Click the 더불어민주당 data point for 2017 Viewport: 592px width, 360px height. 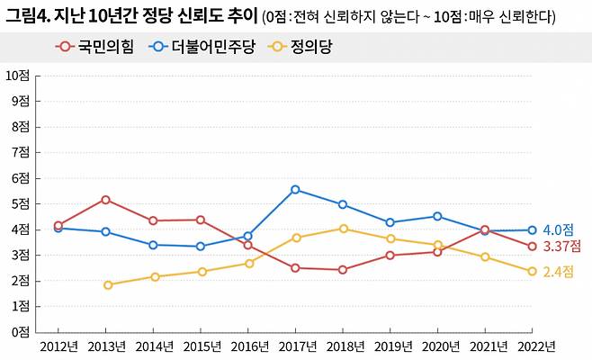[295, 190]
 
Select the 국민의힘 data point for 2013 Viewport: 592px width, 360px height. [106, 200]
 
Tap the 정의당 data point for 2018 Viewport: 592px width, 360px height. [343, 229]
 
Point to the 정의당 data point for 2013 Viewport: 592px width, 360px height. [108, 285]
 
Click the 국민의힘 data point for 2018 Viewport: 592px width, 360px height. [343, 270]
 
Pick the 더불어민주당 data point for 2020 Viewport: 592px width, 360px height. [437, 216]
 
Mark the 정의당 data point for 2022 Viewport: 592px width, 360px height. [532, 271]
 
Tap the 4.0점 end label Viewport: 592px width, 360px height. [558, 230]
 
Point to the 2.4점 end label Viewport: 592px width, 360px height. [558, 271]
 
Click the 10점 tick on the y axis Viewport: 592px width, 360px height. [19, 75]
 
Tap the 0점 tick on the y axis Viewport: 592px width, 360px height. [22, 332]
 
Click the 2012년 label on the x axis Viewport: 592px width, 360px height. [58, 346]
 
